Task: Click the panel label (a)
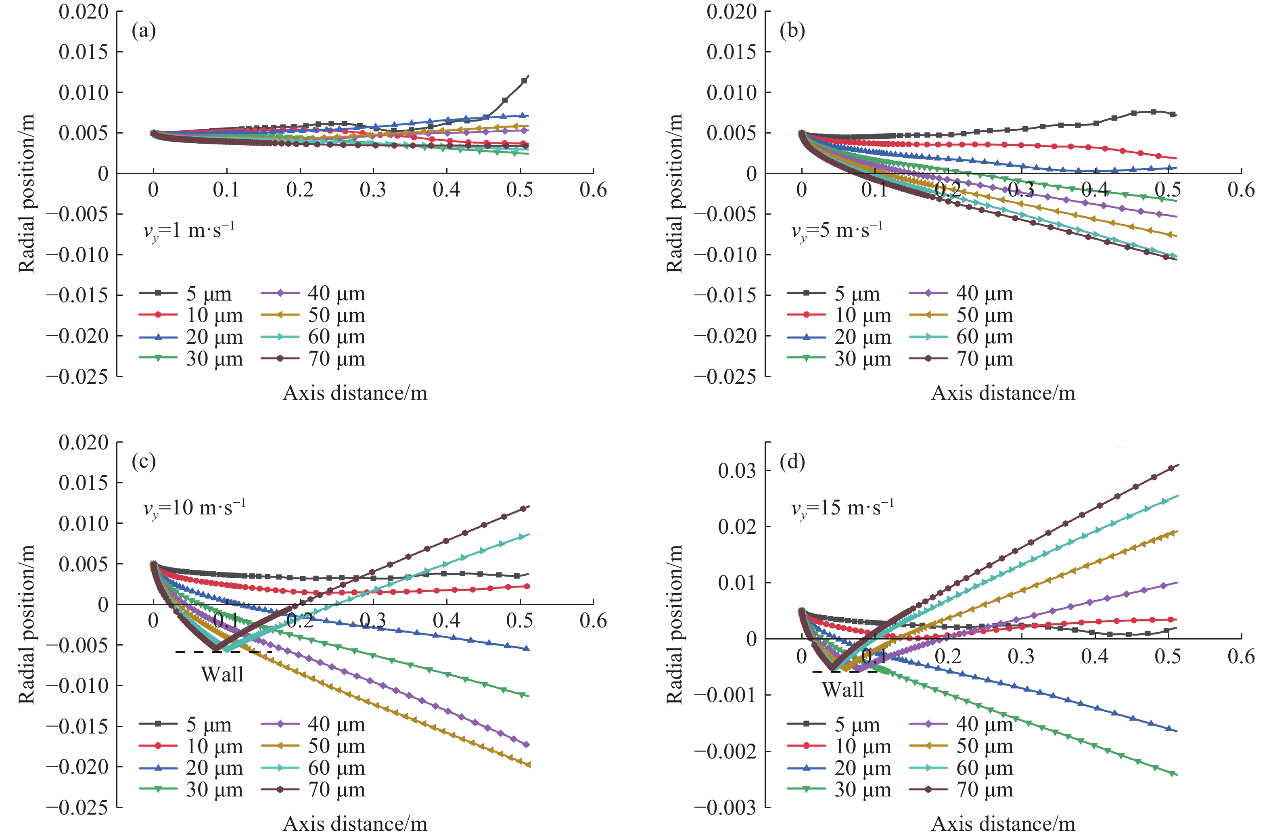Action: pos(144,31)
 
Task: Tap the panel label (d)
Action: pos(792,462)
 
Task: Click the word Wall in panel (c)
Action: pos(222,675)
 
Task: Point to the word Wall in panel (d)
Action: pos(843,690)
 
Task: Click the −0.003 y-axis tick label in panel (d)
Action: pos(725,807)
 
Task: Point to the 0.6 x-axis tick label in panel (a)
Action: pos(593,190)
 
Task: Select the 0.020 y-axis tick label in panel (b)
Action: pos(731,11)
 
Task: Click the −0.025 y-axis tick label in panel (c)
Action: pos(77,807)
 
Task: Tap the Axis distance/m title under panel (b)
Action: pos(1003,393)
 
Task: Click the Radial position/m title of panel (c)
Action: pos(27,624)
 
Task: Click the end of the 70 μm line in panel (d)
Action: pos(1177,466)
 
